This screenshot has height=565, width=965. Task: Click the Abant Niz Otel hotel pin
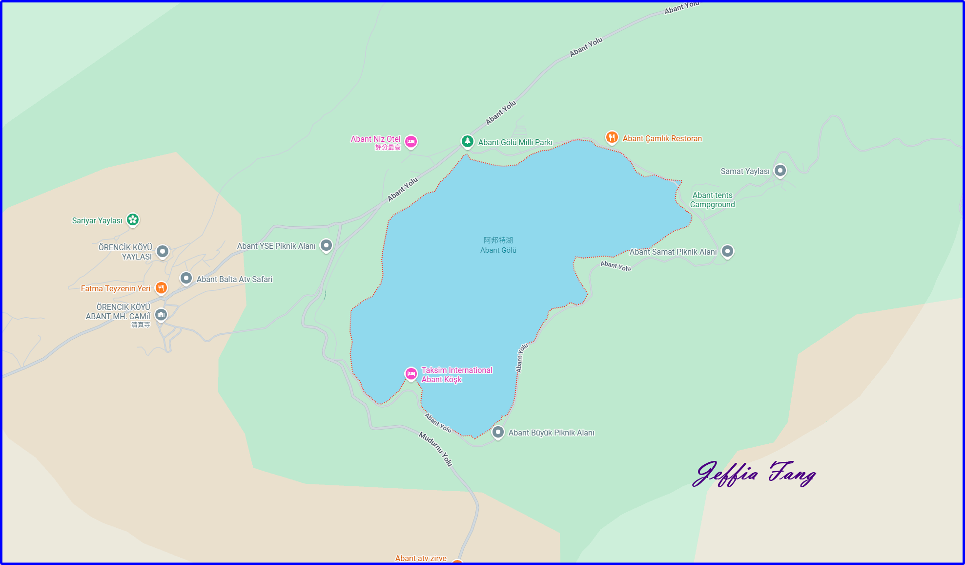pyautogui.click(x=411, y=142)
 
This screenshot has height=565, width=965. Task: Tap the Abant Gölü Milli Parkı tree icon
pyautogui.click(x=467, y=141)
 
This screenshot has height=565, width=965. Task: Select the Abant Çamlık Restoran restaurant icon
pyautogui.click(x=612, y=138)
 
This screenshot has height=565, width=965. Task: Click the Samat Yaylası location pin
pyautogui.click(x=780, y=171)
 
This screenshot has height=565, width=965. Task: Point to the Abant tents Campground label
pyautogui.click(x=712, y=200)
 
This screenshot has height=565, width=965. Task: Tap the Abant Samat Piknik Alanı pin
pyautogui.click(x=727, y=251)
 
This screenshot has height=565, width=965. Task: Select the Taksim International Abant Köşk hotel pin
pyautogui.click(x=411, y=374)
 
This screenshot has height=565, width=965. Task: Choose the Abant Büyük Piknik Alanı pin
pyautogui.click(x=497, y=432)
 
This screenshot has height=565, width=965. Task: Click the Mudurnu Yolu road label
pyautogui.click(x=435, y=449)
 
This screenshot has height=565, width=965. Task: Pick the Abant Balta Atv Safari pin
pyautogui.click(x=186, y=278)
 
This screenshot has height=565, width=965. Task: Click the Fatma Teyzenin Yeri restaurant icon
pyautogui.click(x=161, y=288)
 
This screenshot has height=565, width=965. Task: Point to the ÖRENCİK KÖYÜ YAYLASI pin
pyautogui.click(x=163, y=251)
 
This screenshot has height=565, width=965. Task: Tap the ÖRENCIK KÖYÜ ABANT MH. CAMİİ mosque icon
pyautogui.click(x=161, y=314)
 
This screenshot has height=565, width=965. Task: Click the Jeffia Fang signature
pyautogui.click(x=754, y=474)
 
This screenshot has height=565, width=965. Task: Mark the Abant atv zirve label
pyautogui.click(x=421, y=558)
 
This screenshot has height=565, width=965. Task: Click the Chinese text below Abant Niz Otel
pyautogui.click(x=388, y=148)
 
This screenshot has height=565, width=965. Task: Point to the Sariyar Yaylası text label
pyautogui.click(x=97, y=220)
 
